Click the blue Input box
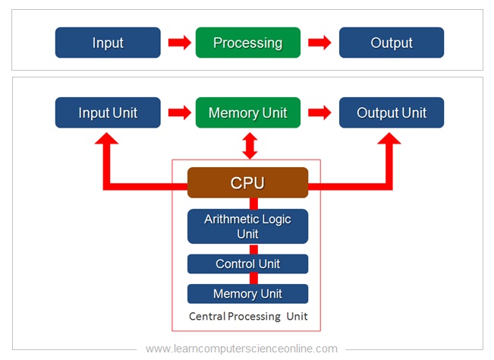[108, 43]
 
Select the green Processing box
[247, 43]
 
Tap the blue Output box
[391, 43]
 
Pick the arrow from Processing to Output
[319, 43]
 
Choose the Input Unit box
[108, 113]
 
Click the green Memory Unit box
[247, 113]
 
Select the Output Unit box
[391, 113]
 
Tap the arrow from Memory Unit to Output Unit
[319, 113]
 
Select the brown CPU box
[247, 183]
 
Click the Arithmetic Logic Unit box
[247, 226]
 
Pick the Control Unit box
[247, 264]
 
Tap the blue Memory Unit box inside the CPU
[247, 294]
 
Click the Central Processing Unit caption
[247, 316]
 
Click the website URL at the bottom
[241, 349]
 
